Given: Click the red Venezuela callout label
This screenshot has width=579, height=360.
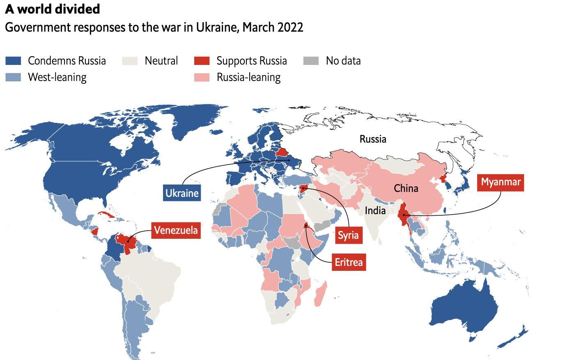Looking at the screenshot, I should [x=176, y=230].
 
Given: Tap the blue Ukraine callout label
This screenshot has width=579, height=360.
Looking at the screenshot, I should [x=182, y=193].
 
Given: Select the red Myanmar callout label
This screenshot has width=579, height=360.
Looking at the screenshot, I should [x=500, y=182].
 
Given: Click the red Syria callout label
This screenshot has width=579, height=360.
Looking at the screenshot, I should [x=348, y=235].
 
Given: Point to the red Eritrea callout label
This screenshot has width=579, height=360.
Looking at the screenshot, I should [x=349, y=262].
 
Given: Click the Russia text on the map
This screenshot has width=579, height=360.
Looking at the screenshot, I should [x=372, y=139].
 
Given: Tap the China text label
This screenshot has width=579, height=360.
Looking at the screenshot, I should [x=406, y=188].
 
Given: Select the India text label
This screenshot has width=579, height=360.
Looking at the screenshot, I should [x=375, y=210].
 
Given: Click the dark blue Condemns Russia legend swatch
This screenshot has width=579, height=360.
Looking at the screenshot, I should [x=13, y=61].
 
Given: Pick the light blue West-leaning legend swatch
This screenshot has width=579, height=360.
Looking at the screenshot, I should [x=13, y=77].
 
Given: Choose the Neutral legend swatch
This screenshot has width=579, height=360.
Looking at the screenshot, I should [x=130, y=61].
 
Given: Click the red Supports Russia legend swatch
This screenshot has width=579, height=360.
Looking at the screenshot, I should [x=202, y=61].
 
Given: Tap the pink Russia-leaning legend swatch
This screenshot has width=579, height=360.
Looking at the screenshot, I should [x=202, y=77].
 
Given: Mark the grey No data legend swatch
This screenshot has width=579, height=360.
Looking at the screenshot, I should [x=311, y=61].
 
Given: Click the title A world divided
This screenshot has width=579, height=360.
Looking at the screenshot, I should [x=53, y=9].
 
